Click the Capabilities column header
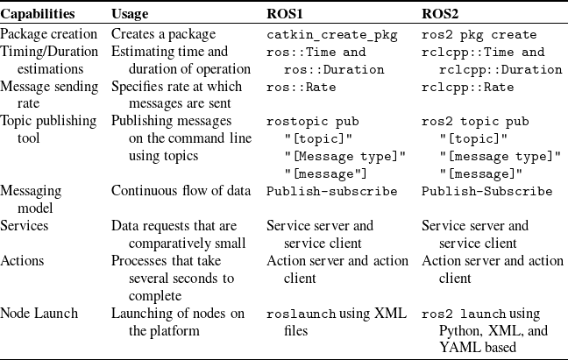(38, 14)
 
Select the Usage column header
(130, 14)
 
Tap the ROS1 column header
(285, 14)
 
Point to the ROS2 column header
(440, 14)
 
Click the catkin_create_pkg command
(332, 35)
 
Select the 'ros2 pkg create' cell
(479, 35)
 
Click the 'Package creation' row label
(48, 34)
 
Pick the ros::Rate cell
(302, 88)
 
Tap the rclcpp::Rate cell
(468, 88)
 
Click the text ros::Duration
(334, 69)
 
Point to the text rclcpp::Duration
(501, 69)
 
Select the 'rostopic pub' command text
(313, 122)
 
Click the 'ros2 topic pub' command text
(475, 122)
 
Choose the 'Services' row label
(25, 225)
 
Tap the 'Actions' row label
(22, 260)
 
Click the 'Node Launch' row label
(39, 313)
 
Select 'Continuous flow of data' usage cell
(181, 191)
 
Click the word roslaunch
(301, 314)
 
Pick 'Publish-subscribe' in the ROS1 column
(332, 192)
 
